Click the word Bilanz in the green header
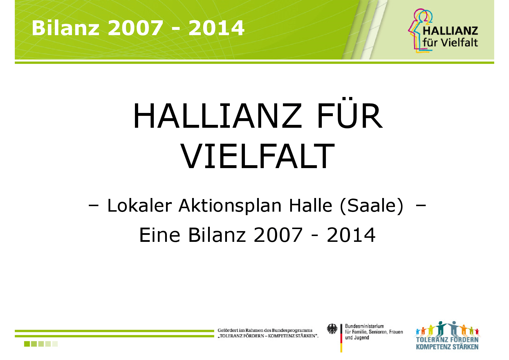click(x=66, y=28)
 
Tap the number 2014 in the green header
click(x=216, y=28)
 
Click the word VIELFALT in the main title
click(x=258, y=156)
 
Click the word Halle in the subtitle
click(x=311, y=206)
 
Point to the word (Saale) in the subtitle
click(x=372, y=206)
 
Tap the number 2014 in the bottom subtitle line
click(x=351, y=235)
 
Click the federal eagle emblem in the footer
click(x=332, y=329)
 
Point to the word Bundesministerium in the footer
click(x=364, y=326)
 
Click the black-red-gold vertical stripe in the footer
click(x=341, y=338)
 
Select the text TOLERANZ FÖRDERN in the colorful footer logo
click(x=447, y=340)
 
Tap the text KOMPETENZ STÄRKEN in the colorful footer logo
click(x=447, y=347)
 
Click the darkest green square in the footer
click(x=27, y=344)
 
